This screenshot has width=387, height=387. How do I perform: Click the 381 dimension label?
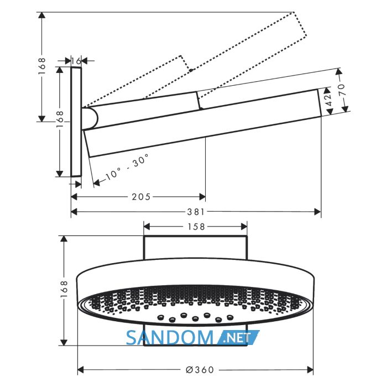pos(196,212)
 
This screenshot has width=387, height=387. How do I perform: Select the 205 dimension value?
pos(141,197)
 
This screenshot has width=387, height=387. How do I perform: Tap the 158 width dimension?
pos(196,227)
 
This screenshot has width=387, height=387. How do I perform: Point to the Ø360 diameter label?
pos(200,370)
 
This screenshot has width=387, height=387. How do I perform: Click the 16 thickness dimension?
pos(76,60)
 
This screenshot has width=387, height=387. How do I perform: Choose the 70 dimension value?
pos(342,90)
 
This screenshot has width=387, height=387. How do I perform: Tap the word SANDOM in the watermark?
pos(170,338)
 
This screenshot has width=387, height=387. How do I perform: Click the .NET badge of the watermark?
pos(238,337)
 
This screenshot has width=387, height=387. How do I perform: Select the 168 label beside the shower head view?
pos(64,289)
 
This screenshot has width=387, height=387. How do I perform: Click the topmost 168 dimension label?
pos(42,66)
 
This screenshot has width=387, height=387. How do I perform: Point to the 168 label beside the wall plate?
pos(60,119)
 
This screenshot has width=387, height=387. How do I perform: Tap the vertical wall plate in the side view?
pos(76,122)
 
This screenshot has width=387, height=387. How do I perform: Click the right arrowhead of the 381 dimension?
pos(318,212)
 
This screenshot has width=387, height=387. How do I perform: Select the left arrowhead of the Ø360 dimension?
pos(81,370)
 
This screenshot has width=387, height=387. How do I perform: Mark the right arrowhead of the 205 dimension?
pos(202,197)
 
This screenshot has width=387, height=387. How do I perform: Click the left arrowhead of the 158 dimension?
pos(147,227)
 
